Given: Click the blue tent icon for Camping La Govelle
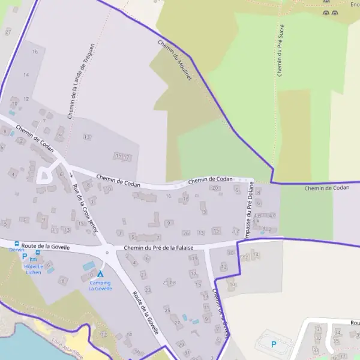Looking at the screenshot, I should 100,274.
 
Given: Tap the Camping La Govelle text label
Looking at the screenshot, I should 100,285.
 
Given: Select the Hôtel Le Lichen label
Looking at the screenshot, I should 34,269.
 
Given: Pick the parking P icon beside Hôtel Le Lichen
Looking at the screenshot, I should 25,256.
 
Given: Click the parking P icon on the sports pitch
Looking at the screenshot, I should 274,344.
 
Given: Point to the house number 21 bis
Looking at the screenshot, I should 169,282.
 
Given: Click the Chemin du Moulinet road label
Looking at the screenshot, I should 175,61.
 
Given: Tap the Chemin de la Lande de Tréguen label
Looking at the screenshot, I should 80,80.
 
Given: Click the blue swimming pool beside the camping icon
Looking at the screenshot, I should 89,265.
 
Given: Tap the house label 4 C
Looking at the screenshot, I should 273,215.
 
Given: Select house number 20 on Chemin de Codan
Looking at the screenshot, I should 215,188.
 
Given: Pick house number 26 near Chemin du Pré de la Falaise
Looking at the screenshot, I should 186,232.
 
